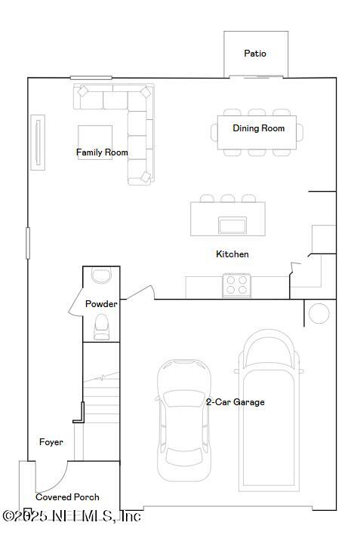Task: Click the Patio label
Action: pyautogui.click(x=255, y=54)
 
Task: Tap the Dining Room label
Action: pyautogui.click(x=258, y=128)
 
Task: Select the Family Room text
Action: pyautogui.click(x=102, y=152)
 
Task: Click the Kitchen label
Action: pyautogui.click(x=232, y=254)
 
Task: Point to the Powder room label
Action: pyautogui.click(x=100, y=304)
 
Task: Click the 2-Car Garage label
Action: pyautogui.click(x=235, y=402)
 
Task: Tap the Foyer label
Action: pyautogui.click(x=51, y=442)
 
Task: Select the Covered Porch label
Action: pyautogui.click(x=67, y=497)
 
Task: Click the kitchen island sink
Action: pyautogui.click(x=232, y=225)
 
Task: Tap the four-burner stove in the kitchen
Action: pyautogui.click(x=237, y=284)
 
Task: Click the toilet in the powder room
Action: pyautogui.click(x=101, y=326)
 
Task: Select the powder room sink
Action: pyautogui.click(x=100, y=275)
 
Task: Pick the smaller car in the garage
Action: pyautogui.click(x=184, y=419)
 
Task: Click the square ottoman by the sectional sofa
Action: pyautogui.click(x=95, y=142)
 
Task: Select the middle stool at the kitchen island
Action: pyautogui.click(x=227, y=198)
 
